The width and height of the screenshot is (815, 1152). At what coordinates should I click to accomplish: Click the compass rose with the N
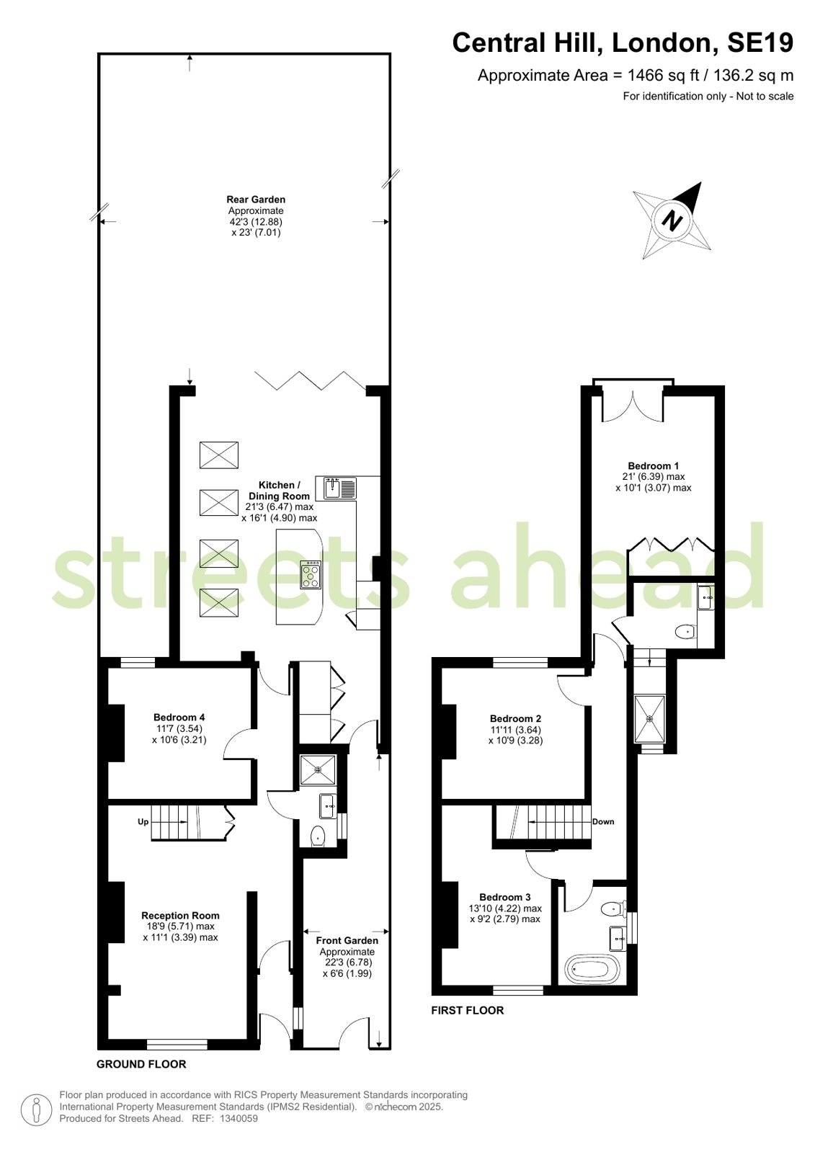tap(672, 220)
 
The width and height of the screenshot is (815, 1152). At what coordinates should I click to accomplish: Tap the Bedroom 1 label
tap(653, 466)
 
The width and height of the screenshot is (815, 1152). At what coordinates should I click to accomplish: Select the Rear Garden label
tap(256, 200)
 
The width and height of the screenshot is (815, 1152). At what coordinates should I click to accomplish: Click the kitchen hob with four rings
tap(311, 574)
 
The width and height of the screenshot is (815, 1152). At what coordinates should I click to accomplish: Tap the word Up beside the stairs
tap(143, 821)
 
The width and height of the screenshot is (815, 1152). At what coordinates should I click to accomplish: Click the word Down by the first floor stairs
tap(603, 821)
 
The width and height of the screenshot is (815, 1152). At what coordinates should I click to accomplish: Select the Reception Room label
tap(180, 916)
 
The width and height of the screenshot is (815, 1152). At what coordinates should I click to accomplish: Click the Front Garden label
tap(347, 940)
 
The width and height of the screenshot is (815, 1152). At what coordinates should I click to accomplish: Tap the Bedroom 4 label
tap(179, 717)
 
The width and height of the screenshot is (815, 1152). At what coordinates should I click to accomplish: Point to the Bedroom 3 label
tap(504, 897)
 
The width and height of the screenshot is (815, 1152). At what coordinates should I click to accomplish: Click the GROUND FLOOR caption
tap(141, 1064)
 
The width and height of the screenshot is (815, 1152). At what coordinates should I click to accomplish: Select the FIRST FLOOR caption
tap(467, 1010)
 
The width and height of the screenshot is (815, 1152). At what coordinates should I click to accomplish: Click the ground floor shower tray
tap(318, 769)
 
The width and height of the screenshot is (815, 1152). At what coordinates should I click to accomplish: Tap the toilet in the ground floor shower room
tap(317, 837)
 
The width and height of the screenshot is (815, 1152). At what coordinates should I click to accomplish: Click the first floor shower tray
tap(649, 718)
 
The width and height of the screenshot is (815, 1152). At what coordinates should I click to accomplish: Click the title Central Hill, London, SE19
tap(622, 43)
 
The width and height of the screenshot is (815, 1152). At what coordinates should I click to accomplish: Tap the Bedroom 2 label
tap(515, 718)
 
